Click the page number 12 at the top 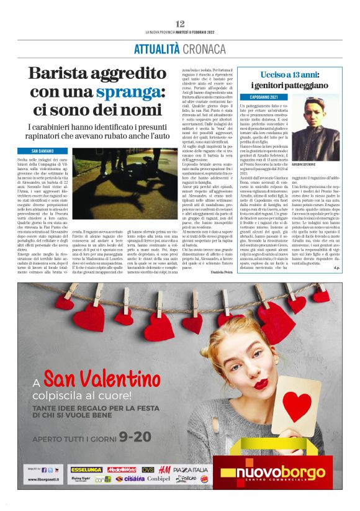tap(179, 23)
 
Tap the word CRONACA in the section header tap(204, 48)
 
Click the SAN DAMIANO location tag tap(49, 151)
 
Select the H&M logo tap(164, 469)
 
